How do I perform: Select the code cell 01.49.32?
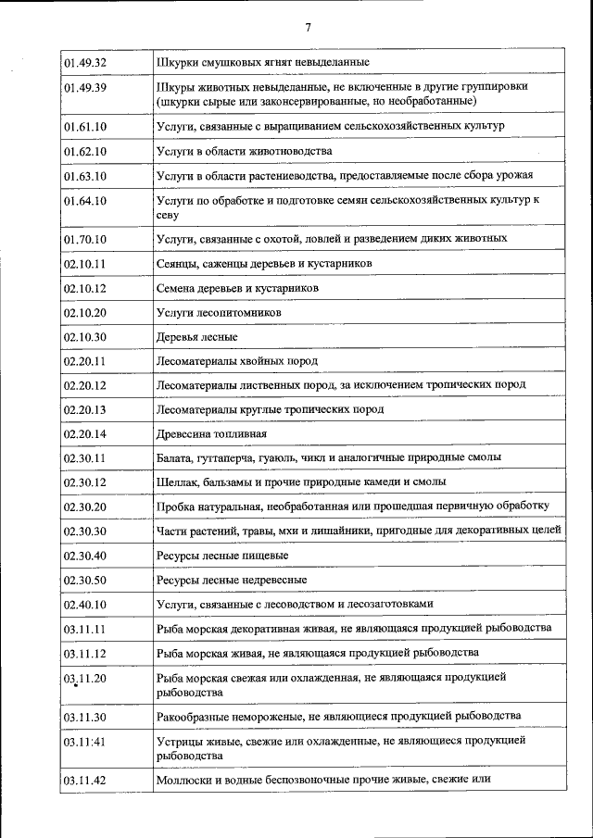[85, 62]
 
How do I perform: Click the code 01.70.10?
[85, 239]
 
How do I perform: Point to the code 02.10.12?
[85, 288]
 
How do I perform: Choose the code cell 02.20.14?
[85, 433]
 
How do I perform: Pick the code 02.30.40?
[85, 555]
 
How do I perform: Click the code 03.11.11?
[85, 628]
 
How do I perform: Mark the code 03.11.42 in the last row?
[85, 781]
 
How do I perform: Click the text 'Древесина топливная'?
[211, 433]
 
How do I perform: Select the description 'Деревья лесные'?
[196, 337]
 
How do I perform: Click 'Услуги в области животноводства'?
[244, 150]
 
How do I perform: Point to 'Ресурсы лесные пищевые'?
[222, 555]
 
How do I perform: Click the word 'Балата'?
[175, 457]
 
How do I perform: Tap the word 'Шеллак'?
[177, 482]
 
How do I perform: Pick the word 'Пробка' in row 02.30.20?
[176, 506]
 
